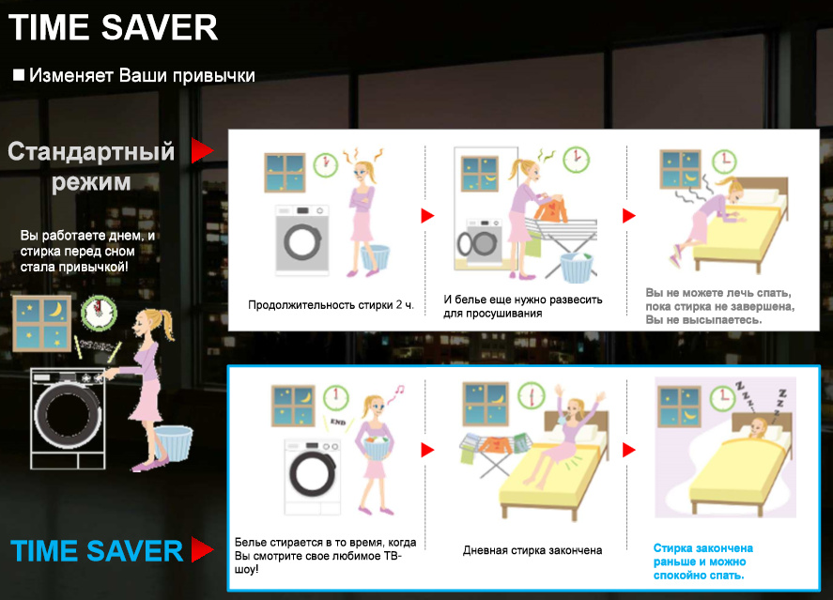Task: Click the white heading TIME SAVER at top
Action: (113, 27)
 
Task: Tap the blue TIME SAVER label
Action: (97, 550)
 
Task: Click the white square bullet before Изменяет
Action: (19, 75)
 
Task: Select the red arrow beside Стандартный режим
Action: (203, 150)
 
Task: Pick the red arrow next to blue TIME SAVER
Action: (203, 549)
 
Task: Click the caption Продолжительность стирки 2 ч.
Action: (331, 305)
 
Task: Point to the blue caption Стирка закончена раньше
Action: (702, 562)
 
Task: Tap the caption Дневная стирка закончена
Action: (532, 550)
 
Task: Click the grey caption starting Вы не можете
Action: (720, 306)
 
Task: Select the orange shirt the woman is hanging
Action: (551, 208)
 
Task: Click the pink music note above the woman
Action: (397, 392)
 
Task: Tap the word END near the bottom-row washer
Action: (338, 423)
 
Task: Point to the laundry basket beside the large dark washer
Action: (175, 443)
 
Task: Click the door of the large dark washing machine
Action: (68, 413)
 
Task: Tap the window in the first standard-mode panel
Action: (285, 173)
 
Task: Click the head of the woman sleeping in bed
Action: (759, 427)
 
